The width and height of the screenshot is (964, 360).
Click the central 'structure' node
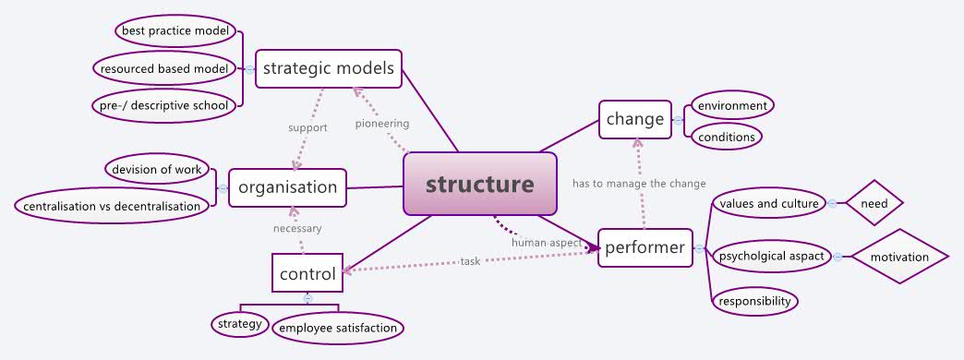tap(480, 184)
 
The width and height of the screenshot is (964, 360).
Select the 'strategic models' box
tap(329, 68)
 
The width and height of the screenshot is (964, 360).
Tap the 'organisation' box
tap(287, 187)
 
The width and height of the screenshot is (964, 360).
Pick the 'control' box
tap(307, 272)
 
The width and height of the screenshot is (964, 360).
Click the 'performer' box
tap(645, 247)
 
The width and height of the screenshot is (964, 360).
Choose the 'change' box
tap(634, 119)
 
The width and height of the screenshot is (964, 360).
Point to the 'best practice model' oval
tap(175, 31)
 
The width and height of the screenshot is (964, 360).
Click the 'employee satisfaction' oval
tap(338, 327)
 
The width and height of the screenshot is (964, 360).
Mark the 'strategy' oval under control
tap(238, 324)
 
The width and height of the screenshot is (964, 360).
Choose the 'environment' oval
tap(731, 105)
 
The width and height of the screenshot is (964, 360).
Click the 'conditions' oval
tap(726, 138)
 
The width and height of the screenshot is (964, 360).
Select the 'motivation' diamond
tap(899, 257)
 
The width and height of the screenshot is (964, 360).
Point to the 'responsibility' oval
tap(754, 301)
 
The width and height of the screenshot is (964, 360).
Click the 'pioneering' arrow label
tap(381, 123)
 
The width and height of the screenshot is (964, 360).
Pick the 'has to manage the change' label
tap(639, 184)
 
